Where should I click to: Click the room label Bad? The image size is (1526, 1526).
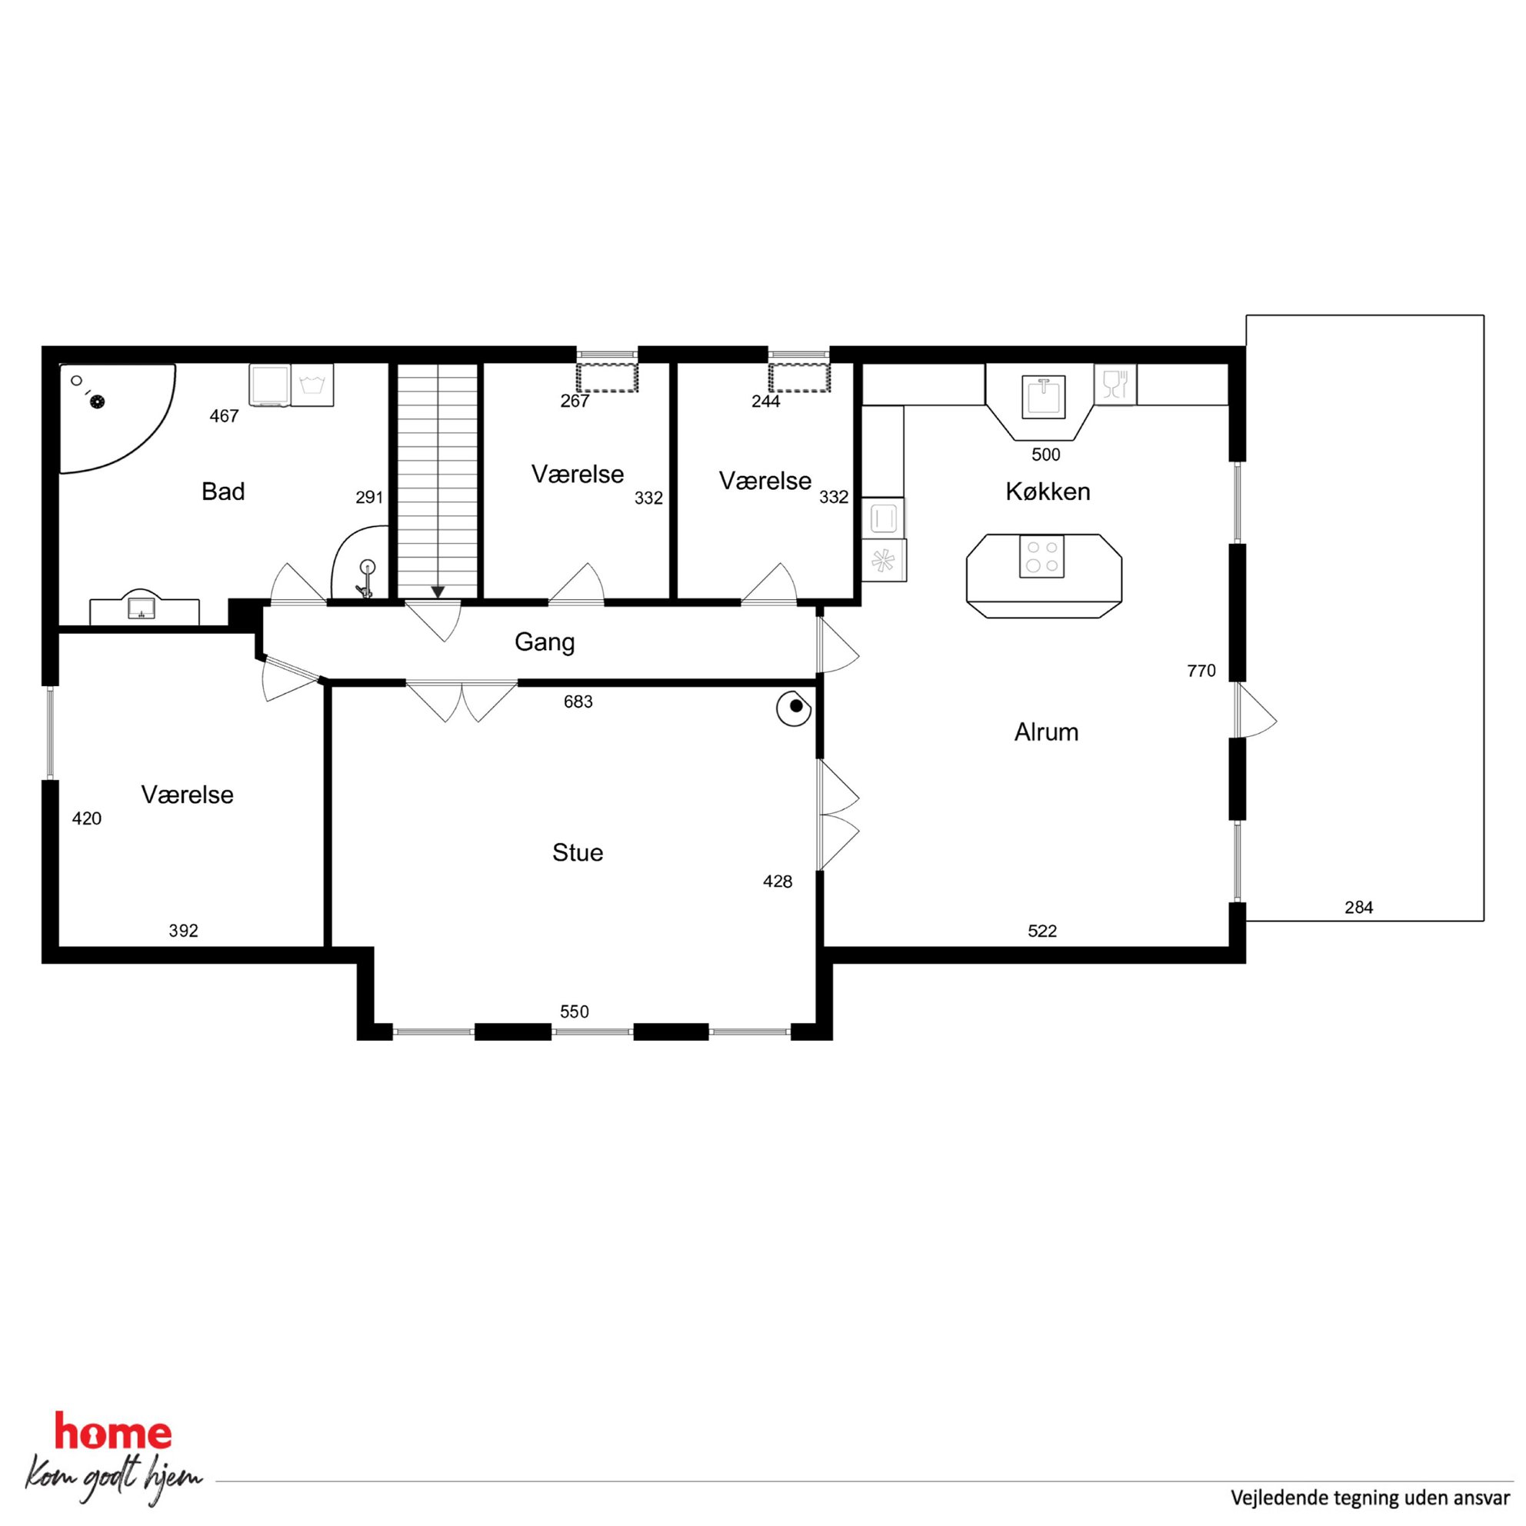pos(223,491)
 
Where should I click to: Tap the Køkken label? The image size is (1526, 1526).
pos(1048,491)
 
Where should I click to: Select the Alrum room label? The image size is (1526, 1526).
pos(1046,732)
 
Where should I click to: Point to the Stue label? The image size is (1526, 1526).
pos(578,852)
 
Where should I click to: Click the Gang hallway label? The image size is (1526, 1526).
pos(545,642)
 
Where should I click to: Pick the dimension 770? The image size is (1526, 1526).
pos(1201,671)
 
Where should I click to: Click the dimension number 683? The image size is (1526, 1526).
pos(578,701)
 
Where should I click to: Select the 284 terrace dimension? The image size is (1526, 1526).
pos(1358,908)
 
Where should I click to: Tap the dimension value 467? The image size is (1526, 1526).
pos(225,416)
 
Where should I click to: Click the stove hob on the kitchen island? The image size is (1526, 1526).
pos(1042,556)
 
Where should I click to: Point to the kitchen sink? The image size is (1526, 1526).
pos(1044,397)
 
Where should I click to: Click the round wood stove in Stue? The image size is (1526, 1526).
pos(795,708)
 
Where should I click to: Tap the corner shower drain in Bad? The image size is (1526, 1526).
pos(97,401)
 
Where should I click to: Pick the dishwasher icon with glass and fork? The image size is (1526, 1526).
pos(1115,385)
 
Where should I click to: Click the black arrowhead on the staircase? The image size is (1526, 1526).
pos(438,591)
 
